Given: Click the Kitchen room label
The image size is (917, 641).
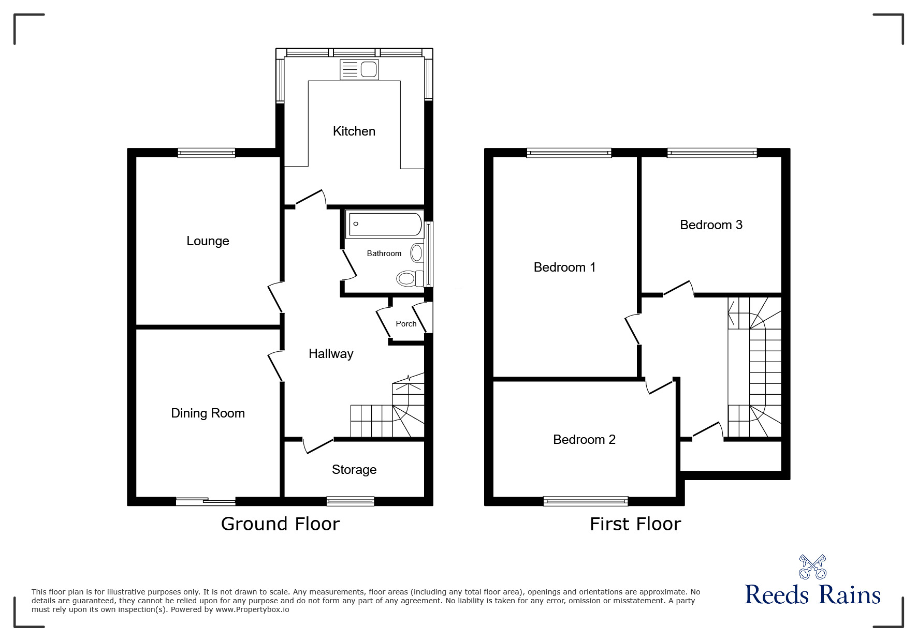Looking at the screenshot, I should [354, 131].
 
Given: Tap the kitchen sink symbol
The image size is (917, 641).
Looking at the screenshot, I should [359, 69].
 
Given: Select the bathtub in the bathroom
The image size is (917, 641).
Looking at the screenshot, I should [384, 225].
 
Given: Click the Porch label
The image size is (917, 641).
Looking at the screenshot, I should [406, 324].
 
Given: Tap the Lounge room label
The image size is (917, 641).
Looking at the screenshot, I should [208, 241].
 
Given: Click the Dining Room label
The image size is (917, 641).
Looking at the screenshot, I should [208, 413].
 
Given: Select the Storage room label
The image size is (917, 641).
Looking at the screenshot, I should [354, 470].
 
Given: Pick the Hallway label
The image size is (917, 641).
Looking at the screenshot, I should [331, 354].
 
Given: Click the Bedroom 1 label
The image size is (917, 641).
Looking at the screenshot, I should [564, 267].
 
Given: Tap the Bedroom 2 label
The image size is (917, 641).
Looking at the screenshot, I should [584, 440].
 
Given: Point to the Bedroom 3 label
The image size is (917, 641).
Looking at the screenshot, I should [711, 225].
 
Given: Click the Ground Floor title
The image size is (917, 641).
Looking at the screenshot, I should [280, 524].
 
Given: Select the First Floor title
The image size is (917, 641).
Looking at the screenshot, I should [635, 524].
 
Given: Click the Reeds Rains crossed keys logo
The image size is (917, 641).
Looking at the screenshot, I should [812, 567].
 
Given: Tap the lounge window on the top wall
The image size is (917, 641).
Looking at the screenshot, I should [206, 153].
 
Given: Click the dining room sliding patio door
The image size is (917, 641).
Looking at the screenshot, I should [206, 501].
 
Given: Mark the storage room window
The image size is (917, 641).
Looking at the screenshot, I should [351, 501].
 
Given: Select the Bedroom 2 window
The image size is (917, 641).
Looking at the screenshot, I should [586, 501].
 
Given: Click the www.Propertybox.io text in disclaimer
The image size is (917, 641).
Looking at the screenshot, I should [252, 609].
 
